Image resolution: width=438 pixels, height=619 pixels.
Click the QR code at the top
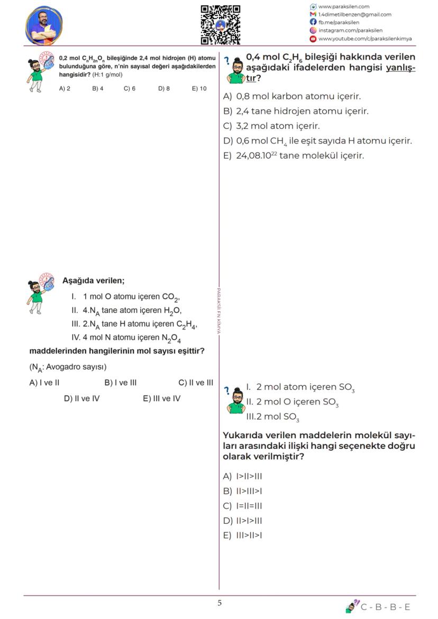tap(221, 24)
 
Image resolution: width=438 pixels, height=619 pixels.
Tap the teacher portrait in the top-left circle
tap(43, 25)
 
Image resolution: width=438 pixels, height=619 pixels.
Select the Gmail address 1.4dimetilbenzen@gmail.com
tap(354, 14)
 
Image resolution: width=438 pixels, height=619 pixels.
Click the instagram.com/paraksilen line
tap(350, 30)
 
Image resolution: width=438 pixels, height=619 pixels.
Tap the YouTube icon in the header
tap(313, 39)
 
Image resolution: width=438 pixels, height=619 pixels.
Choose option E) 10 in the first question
tap(199, 88)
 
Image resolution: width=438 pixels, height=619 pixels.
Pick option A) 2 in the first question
tap(65, 88)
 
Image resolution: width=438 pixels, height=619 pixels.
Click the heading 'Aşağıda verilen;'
tap(93, 280)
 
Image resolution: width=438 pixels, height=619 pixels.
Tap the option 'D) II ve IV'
tap(81, 398)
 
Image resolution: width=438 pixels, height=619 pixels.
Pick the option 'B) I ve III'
tap(121, 382)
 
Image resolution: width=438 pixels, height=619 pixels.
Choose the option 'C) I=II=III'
tap(243, 505)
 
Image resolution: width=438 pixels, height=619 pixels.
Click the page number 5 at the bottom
tap(220, 603)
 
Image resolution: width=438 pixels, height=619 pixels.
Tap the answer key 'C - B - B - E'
tap(385, 607)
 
